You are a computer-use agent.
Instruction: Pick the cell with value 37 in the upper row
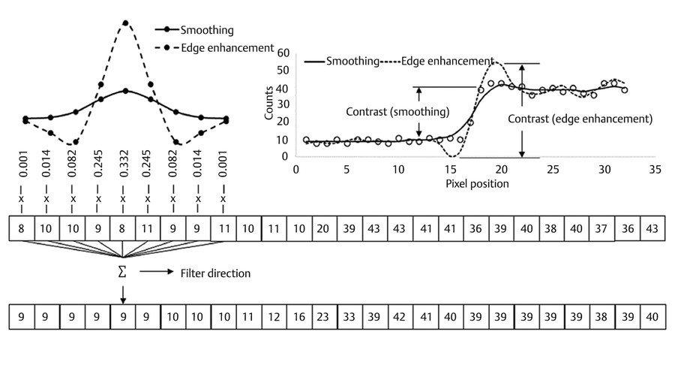601,228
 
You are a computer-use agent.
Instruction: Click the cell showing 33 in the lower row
349,317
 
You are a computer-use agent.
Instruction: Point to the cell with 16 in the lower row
299,317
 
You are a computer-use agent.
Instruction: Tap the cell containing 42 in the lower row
400,317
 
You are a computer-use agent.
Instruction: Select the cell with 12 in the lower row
274,317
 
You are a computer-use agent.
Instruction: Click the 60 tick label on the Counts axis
283,53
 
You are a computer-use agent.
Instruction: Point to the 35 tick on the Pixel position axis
654,170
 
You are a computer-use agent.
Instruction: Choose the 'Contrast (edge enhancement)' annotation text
580,119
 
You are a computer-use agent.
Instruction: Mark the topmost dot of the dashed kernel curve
124,23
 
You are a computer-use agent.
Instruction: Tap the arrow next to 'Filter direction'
158,272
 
